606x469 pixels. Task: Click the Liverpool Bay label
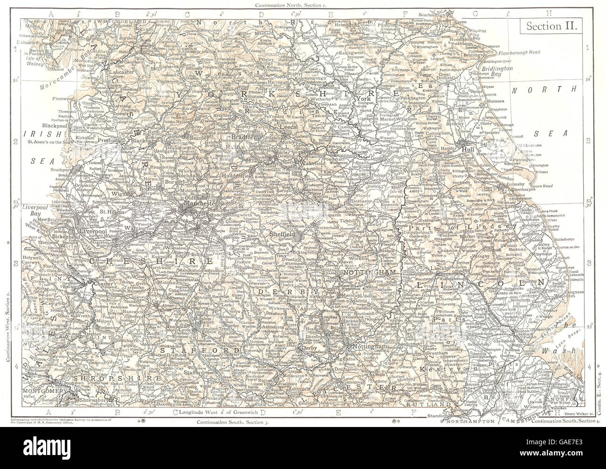coord(36,216)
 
